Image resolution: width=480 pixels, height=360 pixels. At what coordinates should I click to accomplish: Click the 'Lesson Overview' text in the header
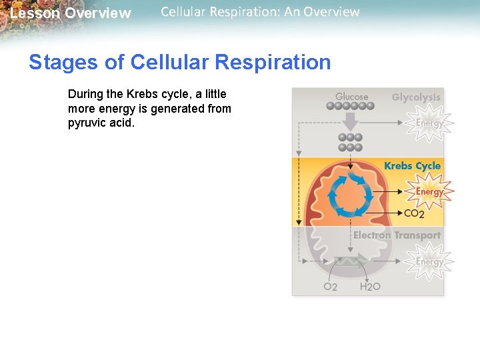pos(71,13)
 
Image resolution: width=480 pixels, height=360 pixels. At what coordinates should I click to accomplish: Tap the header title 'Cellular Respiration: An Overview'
pos(260,12)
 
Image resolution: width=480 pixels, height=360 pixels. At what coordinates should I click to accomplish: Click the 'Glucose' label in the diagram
pos(351,97)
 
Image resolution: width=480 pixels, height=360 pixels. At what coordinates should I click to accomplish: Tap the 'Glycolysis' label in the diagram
pos(416,97)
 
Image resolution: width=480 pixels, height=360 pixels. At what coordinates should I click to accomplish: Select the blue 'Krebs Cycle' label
pos(412,166)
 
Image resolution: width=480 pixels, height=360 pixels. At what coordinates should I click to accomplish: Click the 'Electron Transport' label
pos(397,235)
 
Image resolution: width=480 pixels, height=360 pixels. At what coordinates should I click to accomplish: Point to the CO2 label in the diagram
pos(414,214)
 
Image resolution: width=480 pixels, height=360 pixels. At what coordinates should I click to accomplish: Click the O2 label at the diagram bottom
pos(330,287)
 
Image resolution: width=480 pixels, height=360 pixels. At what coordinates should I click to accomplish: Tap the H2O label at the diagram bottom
pos(370,287)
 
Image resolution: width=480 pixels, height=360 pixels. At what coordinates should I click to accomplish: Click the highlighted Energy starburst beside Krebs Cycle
pos(429,191)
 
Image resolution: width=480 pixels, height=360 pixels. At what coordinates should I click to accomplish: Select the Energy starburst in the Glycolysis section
pos(429,123)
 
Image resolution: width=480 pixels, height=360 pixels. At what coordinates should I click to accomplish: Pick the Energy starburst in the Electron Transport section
pos(429,261)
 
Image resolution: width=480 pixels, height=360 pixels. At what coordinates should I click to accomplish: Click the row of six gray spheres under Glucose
pos(351,106)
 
